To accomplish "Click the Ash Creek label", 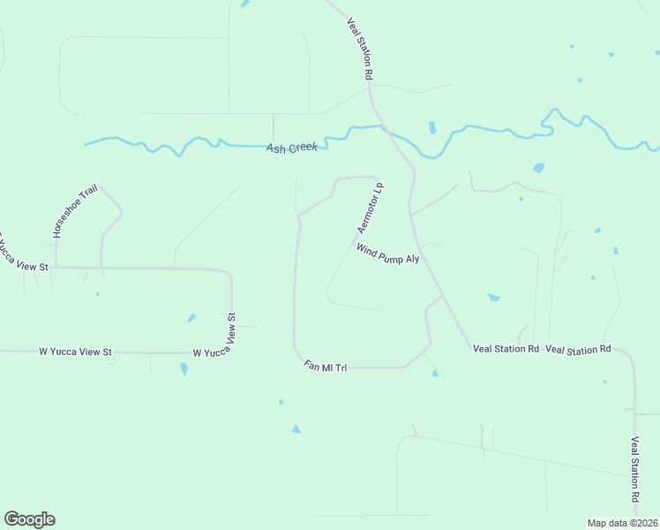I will (x=291, y=148).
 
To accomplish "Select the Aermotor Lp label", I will (x=371, y=208).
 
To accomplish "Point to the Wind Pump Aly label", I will (x=387, y=254).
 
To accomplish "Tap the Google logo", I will (x=29, y=519).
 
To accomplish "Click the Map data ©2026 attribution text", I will (x=622, y=523).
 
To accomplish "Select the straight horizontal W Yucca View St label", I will (x=76, y=352).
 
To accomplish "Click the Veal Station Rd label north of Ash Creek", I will (x=360, y=49).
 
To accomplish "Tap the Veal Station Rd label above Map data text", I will (x=634, y=470).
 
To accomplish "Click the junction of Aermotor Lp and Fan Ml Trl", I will (x=299, y=215).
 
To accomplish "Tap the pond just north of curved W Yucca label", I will (x=191, y=318).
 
